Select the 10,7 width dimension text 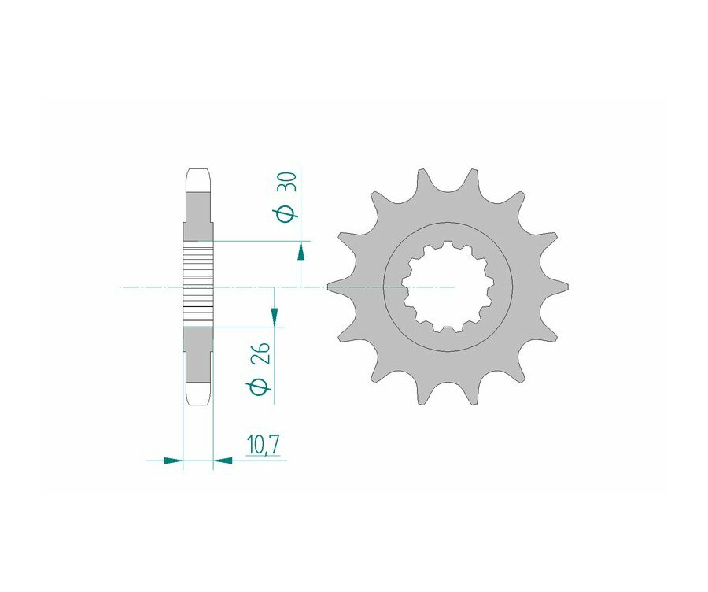pyautogui.click(x=263, y=445)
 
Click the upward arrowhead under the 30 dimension pyautogui.click(x=301, y=251)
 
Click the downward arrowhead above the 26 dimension pyautogui.click(x=274, y=316)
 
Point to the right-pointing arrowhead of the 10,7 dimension pyautogui.click(x=173, y=461)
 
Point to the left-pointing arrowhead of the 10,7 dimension pyautogui.click(x=223, y=461)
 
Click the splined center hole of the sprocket pyautogui.click(x=448, y=287)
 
